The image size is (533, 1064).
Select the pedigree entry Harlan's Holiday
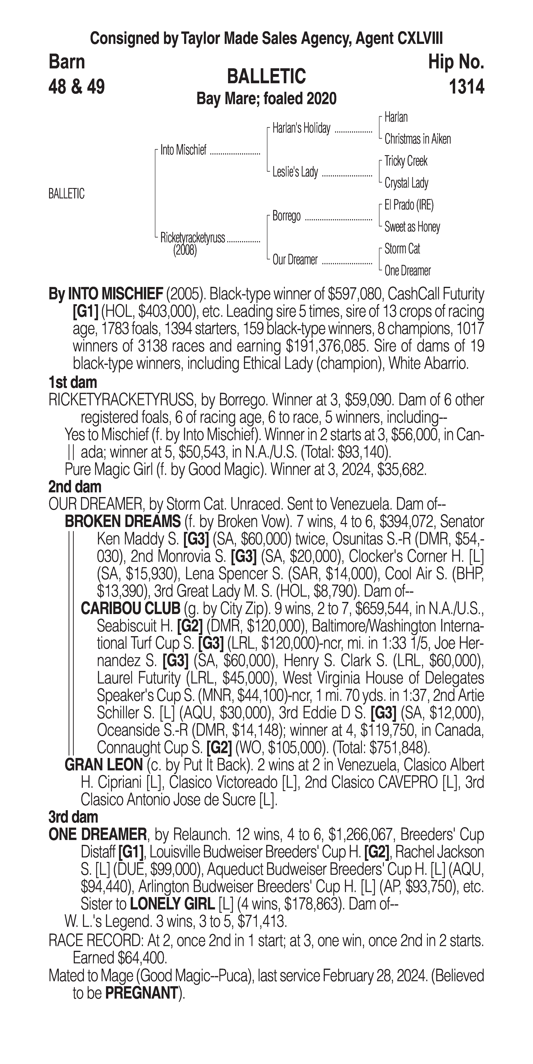point(301,128)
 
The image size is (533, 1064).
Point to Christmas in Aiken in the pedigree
point(417,139)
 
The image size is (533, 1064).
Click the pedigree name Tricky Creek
point(406,161)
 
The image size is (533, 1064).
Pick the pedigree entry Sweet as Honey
point(412,227)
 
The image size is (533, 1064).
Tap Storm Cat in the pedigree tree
point(402,249)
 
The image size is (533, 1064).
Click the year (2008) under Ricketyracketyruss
point(185,250)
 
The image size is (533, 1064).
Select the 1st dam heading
point(73,382)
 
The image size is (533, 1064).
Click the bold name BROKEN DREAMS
point(123,522)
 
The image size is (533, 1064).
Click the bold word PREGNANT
point(141,993)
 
